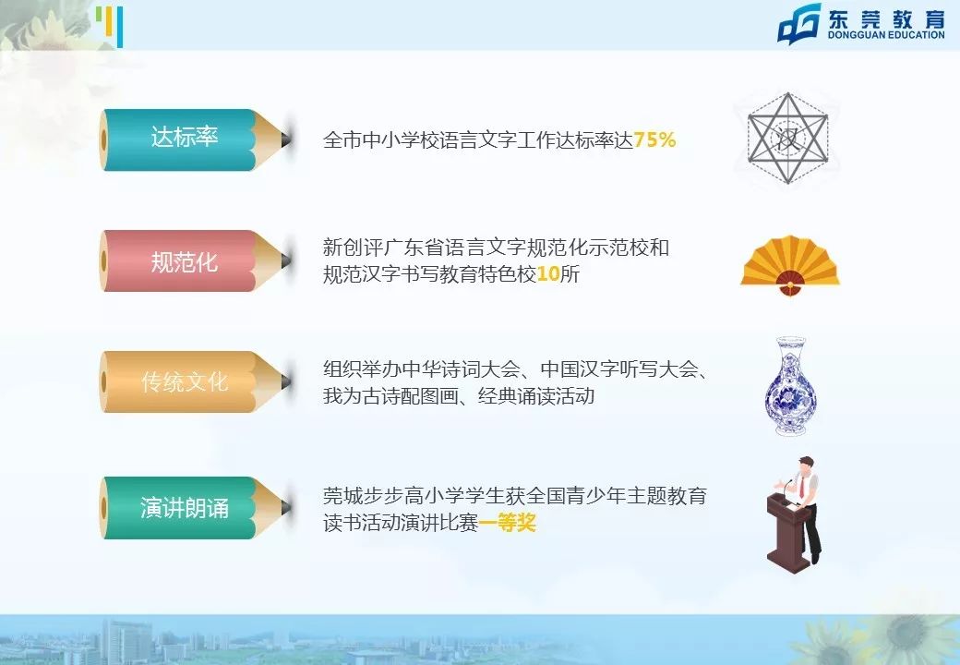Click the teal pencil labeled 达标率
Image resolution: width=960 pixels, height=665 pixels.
coord(185,139)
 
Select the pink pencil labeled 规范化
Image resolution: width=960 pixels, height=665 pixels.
coord(185,261)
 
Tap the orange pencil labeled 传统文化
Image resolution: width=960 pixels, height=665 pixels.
coord(185,381)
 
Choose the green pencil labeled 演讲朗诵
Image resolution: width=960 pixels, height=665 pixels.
coord(185,508)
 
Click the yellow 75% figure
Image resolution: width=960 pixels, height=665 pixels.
coord(655,140)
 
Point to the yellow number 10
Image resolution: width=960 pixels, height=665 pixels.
coord(548,274)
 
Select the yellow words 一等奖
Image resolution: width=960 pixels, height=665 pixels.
coord(508,524)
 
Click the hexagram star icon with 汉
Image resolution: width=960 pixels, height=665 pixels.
coord(787,138)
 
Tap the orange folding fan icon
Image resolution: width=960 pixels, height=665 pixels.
coord(790,264)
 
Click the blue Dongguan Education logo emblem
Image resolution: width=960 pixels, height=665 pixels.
coord(798,24)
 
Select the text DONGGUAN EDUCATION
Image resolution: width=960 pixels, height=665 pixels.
coord(885,35)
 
